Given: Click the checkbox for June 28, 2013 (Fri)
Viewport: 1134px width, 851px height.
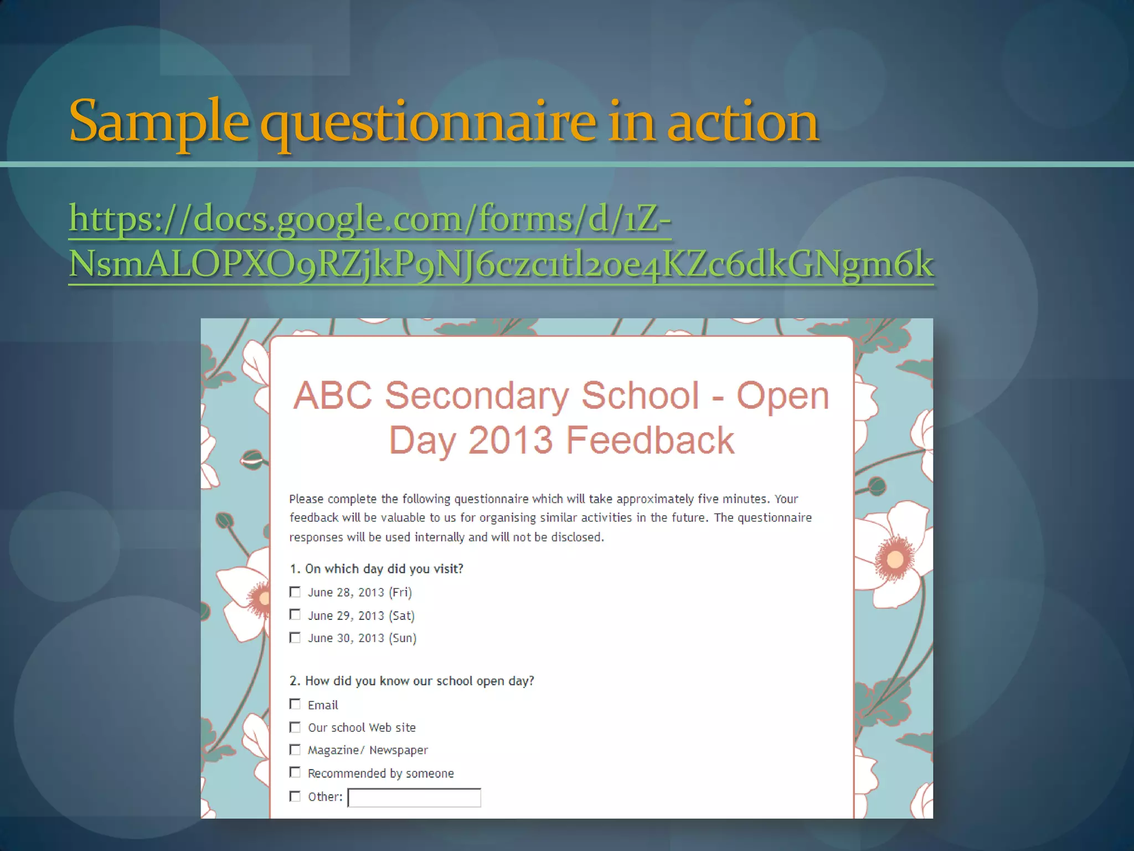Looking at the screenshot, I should [x=295, y=592].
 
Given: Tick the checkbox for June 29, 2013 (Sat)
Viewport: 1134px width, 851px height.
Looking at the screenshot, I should [x=295, y=615].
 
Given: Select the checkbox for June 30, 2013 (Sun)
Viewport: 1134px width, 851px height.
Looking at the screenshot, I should [x=295, y=638].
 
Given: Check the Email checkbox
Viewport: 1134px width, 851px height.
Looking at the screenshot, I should [x=295, y=704].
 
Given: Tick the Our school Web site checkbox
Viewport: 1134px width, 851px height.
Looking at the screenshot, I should [x=295, y=727].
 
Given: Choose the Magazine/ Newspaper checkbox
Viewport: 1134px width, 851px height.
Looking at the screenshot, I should [x=295, y=750].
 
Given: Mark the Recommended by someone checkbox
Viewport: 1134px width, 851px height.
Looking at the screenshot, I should [x=295, y=772].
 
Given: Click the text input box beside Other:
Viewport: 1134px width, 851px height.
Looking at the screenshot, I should [x=414, y=797].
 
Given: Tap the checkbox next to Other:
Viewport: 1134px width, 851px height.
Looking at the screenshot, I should [x=295, y=797].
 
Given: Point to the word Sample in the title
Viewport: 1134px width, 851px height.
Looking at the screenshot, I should [x=158, y=122].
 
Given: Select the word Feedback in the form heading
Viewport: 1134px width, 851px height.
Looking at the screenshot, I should [x=650, y=440].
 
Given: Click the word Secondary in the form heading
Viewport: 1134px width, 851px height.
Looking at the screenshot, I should [x=477, y=396].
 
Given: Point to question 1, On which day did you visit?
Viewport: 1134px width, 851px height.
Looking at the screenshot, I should [x=377, y=569].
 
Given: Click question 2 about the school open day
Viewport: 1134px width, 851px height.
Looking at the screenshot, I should [x=411, y=681].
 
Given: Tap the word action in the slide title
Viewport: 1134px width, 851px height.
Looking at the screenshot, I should [x=743, y=122].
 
